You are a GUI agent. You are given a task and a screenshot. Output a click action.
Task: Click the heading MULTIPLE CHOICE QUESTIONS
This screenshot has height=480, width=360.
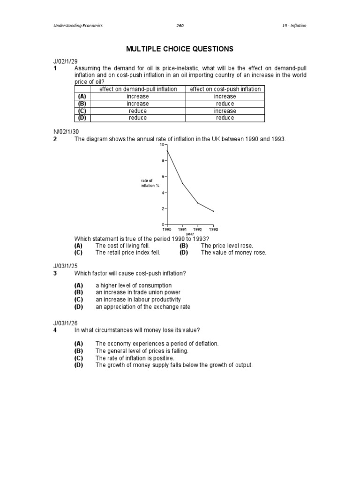coord(180,49)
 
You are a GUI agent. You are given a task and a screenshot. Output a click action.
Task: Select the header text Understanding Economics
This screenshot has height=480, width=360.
coord(77,26)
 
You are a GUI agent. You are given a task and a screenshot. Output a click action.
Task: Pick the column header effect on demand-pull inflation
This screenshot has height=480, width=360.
coord(138,89)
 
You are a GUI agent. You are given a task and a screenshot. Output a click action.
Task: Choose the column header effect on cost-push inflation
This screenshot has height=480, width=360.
coord(225,89)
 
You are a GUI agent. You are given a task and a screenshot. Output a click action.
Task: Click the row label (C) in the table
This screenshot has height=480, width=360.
coord(82,111)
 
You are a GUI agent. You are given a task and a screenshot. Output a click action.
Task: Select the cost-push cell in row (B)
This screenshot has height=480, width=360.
coord(225,104)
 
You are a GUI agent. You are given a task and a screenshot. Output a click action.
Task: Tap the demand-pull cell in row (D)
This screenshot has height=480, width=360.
coord(138,118)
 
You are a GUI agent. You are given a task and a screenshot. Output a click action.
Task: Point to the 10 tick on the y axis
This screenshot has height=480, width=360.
coord(162,145)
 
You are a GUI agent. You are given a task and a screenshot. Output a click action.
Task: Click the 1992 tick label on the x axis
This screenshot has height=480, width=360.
coord(198,230)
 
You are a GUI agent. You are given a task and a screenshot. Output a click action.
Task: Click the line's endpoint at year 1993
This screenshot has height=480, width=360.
coord(213,211)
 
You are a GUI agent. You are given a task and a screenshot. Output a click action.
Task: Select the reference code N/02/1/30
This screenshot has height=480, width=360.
coord(65,132)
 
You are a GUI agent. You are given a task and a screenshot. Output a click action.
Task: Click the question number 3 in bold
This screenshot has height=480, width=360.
coord(55,273)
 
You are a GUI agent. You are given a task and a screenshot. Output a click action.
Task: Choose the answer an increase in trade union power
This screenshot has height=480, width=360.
coord(138,292)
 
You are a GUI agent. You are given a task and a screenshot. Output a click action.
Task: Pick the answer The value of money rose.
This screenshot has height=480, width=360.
coord(233,252)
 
